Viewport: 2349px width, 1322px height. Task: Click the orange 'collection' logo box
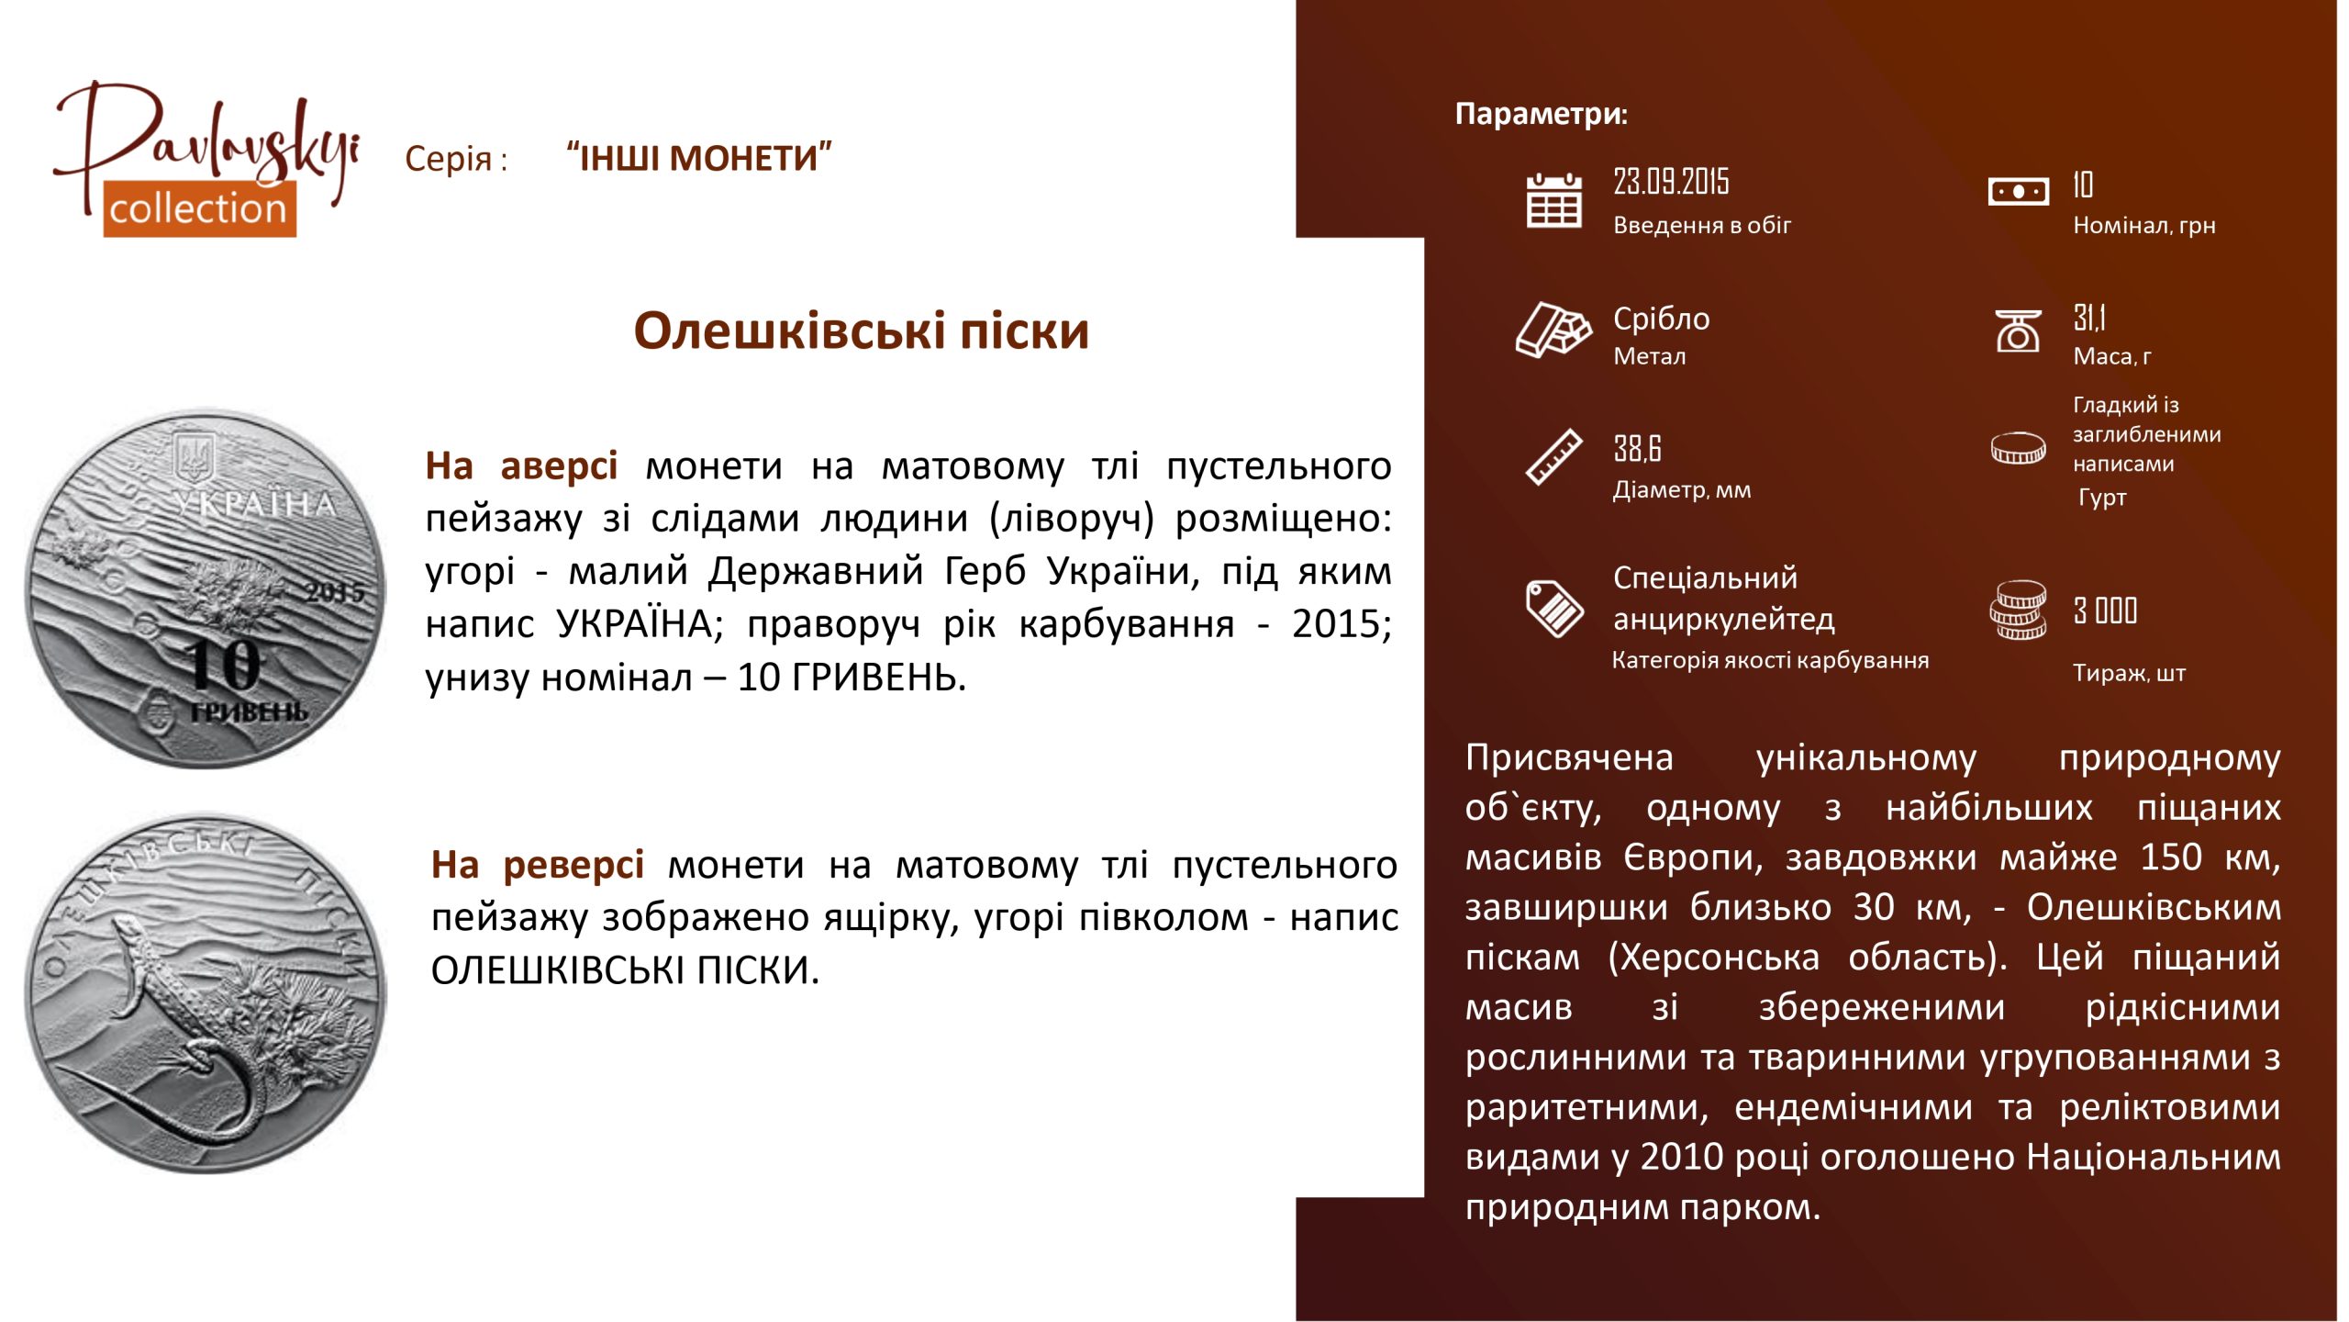pos(199,209)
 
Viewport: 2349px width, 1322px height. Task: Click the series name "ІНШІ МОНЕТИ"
pos(699,158)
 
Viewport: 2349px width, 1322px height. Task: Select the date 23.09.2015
pos(1671,182)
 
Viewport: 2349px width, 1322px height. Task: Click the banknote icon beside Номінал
pos(2018,192)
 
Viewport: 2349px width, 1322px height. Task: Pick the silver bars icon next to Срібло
pos(1553,330)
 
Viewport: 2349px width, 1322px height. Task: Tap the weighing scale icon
pos(2018,331)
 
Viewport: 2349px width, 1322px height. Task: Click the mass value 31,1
pos(2089,318)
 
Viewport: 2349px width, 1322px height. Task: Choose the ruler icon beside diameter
pos(1553,457)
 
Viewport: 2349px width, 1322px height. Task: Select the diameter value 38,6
pos(1637,449)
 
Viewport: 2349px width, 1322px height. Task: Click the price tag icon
pos(1553,608)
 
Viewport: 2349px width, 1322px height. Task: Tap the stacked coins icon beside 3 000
pos(2018,610)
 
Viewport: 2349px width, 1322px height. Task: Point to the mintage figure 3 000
pos(2105,611)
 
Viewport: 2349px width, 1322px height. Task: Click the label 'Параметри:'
pos(1542,114)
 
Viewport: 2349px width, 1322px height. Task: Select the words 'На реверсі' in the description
pos(538,865)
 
